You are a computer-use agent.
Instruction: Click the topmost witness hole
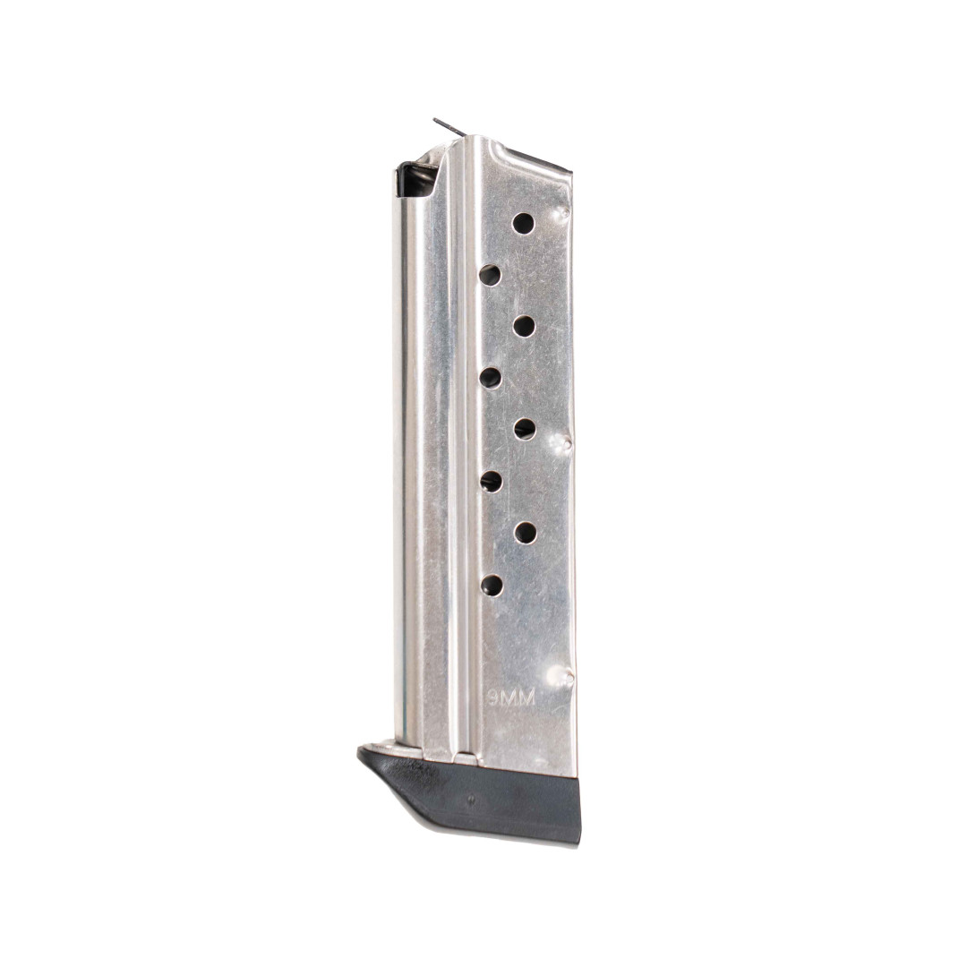[x=523, y=223]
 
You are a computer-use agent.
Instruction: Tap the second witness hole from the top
[x=490, y=275]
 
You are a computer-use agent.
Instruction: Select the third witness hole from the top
[x=524, y=326]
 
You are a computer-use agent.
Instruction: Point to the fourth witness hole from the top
[x=490, y=378]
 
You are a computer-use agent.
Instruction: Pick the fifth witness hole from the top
[x=525, y=429]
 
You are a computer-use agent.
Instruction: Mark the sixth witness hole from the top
[x=491, y=482]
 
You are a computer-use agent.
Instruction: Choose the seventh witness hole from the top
[x=525, y=533]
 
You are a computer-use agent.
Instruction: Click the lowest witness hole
[x=492, y=585]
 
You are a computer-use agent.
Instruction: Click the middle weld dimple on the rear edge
[x=564, y=441]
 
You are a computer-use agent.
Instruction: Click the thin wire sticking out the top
[x=449, y=127]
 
